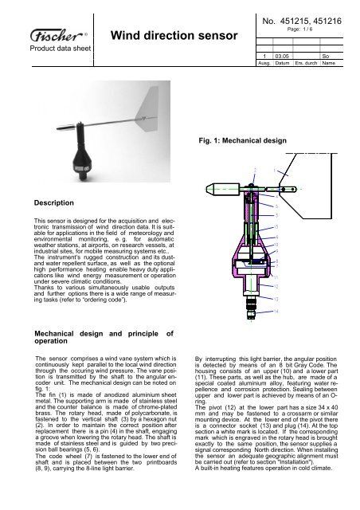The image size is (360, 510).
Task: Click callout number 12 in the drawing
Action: (x=276, y=286)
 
